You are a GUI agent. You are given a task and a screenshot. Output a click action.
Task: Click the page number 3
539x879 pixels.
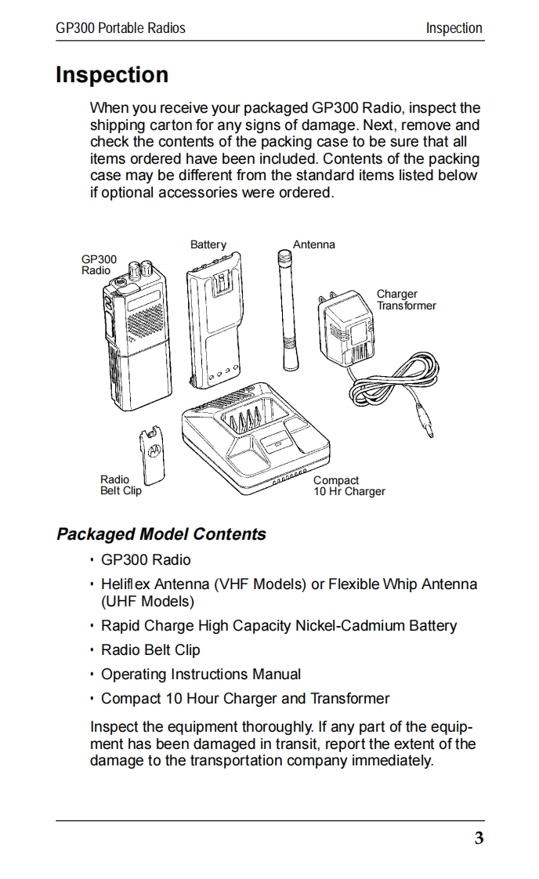point(479,839)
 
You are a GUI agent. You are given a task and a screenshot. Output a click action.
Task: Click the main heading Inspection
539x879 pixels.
point(112,75)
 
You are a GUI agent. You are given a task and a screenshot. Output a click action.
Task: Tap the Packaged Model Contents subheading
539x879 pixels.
point(161,534)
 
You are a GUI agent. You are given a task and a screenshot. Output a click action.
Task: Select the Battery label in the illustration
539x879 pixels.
point(208,244)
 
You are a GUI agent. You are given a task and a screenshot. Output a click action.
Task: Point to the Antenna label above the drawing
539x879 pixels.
point(313,244)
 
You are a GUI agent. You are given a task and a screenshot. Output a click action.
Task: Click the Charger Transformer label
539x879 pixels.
point(406,300)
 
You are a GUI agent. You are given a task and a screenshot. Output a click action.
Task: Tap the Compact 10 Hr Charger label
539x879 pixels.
point(349,486)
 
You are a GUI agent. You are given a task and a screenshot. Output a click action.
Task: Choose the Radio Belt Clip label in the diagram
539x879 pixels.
point(121,485)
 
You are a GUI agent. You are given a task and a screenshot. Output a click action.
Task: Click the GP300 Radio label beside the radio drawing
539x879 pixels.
point(99,265)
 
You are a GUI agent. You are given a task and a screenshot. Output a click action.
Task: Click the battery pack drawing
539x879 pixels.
point(212,329)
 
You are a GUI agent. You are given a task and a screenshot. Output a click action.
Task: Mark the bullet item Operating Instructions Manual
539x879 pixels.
point(201,674)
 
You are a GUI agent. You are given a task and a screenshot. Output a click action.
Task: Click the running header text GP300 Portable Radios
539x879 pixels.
point(121,28)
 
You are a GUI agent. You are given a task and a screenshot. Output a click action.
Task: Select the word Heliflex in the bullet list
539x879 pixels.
point(125,584)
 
